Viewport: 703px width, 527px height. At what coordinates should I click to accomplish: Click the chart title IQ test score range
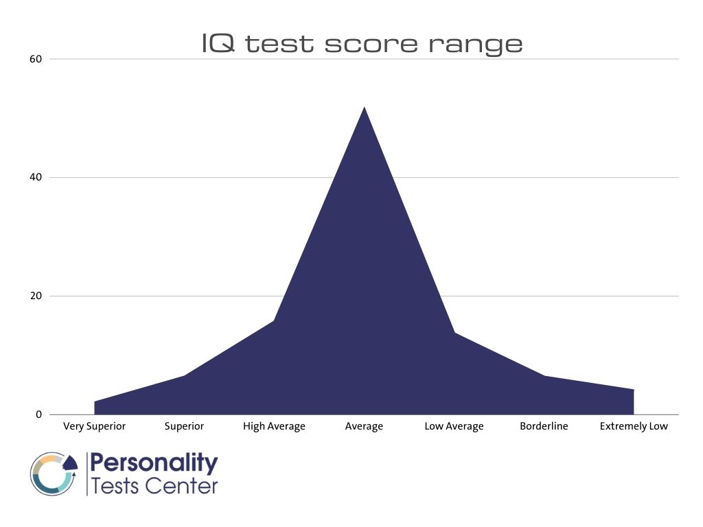pyautogui.click(x=362, y=44)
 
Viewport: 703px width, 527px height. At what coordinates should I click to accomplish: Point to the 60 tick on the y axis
pyautogui.click(x=36, y=59)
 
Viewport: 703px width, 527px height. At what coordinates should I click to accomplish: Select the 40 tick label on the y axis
pyautogui.click(x=36, y=177)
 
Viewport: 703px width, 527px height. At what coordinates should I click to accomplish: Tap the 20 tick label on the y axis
pyautogui.click(x=36, y=296)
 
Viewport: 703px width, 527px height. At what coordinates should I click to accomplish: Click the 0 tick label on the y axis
pyautogui.click(x=38, y=414)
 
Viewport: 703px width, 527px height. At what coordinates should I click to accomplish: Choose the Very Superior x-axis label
pyautogui.click(x=94, y=426)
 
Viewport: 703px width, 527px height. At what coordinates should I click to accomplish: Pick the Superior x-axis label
pyautogui.click(x=184, y=426)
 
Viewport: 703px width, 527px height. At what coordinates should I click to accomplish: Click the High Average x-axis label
pyautogui.click(x=274, y=426)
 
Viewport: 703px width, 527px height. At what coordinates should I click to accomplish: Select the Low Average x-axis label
pyautogui.click(x=454, y=426)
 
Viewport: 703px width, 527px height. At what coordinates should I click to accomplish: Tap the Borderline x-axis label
pyautogui.click(x=544, y=426)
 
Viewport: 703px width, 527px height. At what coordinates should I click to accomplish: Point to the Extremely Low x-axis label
pyautogui.click(x=634, y=426)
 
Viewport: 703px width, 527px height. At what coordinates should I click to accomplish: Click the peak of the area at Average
pyautogui.click(x=364, y=107)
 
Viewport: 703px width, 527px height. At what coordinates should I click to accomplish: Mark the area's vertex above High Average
pyautogui.click(x=274, y=320)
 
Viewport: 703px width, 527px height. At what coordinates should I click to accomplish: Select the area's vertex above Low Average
pyautogui.click(x=454, y=333)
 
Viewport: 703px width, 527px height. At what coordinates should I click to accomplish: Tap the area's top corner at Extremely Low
pyautogui.click(x=633, y=390)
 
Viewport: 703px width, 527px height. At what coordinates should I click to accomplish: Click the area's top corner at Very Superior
pyautogui.click(x=95, y=401)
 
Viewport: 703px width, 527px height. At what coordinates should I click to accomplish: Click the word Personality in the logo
pyautogui.click(x=154, y=464)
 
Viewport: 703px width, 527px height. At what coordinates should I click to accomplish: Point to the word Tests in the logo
pyautogui.click(x=114, y=486)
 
